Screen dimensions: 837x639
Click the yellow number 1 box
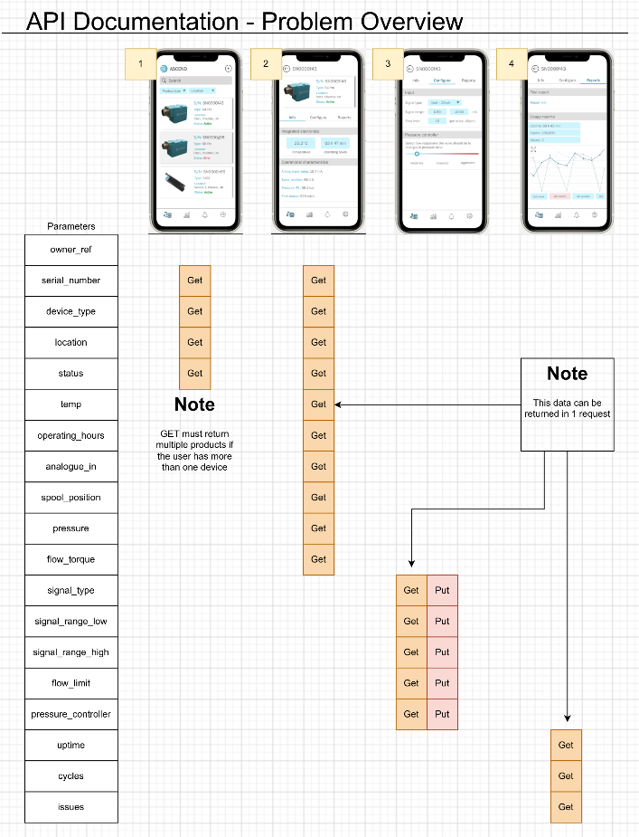(x=141, y=63)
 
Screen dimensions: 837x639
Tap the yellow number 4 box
(x=512, y=63)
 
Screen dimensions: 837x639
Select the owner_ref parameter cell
(x=70, y=249)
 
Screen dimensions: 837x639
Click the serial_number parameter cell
(x=70, y=281)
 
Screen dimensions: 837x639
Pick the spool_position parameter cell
(x=70, y=498)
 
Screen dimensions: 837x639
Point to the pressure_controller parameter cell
(x=70, y=715)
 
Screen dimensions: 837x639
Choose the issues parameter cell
(x=70, y=807)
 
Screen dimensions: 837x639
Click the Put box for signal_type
(x=442, y=590)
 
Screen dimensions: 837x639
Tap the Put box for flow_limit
(x=442, y=683)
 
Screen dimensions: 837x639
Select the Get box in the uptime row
(x=566, y=746)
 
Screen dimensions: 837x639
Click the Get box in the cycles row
(x=566, y=776)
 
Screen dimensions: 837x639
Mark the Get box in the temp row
(x=318, y=404)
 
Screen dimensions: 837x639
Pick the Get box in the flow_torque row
(x=318, y=559)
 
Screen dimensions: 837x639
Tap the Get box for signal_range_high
(x=411, y=652)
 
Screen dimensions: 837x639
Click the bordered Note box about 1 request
(x=568, y=404)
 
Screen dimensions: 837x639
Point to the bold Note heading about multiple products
(x=194, y=404)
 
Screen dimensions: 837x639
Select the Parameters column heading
(x=70, y=226)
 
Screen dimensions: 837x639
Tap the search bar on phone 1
(x=195, y=81)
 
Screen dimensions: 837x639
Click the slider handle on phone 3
(x=417, y=154)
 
